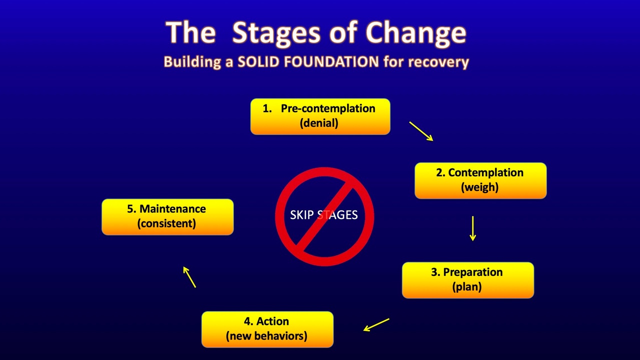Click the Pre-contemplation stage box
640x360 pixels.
point(320,116)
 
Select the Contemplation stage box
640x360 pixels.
point(480,180)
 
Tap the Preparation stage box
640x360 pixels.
point(467,280)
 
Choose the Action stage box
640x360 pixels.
point(267,329)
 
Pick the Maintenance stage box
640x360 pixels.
point(167,216)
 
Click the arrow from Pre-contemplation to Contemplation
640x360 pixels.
point(421,131)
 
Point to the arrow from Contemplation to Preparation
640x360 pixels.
point(472,228)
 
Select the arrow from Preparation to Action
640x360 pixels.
point(376,324)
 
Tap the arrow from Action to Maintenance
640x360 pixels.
point(189,277)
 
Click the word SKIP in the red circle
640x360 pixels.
point(301,215)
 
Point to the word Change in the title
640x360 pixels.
point(416,32)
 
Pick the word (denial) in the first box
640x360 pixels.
point(319,123)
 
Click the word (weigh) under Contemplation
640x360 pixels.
point(479,187)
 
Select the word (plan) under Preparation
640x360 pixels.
point(467,286)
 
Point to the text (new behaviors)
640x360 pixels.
point(266,335)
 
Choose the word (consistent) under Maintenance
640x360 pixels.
point(166,223)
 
